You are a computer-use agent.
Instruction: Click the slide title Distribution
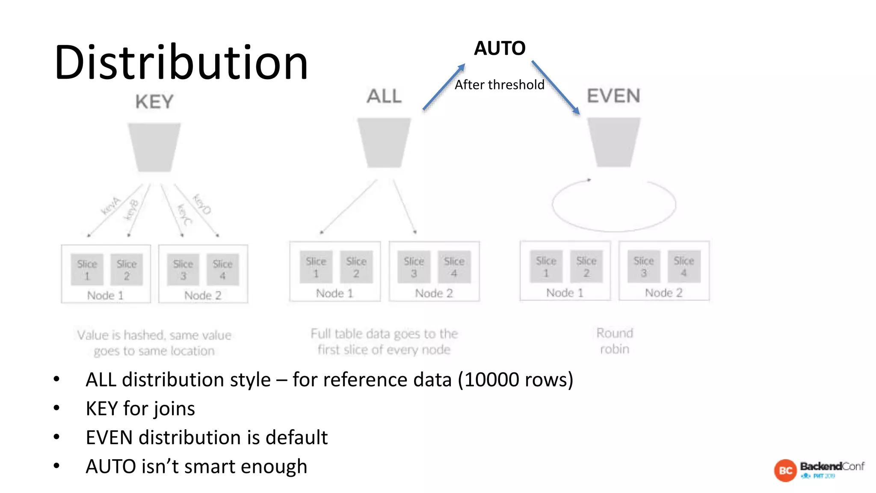tap(181, 63)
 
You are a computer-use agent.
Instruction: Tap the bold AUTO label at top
tap(500, 48)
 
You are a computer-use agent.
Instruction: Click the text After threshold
tap(499, 85)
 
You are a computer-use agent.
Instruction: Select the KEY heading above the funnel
tap(154, 102)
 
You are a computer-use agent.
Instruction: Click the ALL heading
tap(384, 96)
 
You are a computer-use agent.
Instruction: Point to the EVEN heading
tap(613, 96)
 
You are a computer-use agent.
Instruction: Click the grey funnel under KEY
tap(154, 147)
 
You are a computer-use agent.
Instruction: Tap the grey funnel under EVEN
tap(613, 142)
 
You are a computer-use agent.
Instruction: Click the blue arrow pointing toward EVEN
tap(556, 88)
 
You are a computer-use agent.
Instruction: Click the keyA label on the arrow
tap(111, 205)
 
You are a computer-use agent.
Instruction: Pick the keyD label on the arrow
tap(201, 204)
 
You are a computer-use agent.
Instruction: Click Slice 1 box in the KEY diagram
tap(87, 270)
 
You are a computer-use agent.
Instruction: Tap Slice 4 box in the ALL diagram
tap(454, 267)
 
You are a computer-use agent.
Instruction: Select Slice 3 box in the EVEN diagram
tap(643, 267)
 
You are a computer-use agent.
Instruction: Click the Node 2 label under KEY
tap(203, 295)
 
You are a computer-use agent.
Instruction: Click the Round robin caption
tap(615, 341)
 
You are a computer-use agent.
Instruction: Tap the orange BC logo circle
tap(785, 470)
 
